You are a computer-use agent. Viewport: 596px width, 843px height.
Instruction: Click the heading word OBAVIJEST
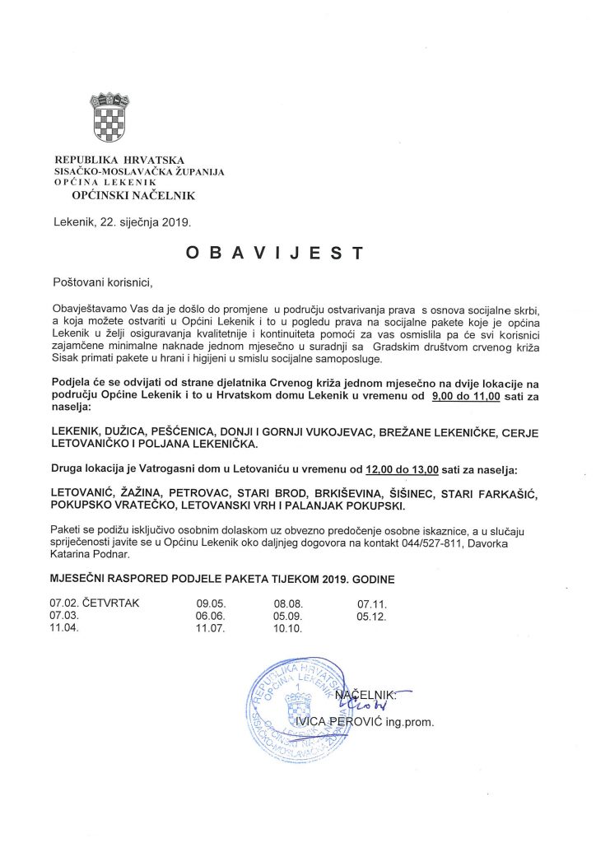pyautogui.click(x=275, y=254)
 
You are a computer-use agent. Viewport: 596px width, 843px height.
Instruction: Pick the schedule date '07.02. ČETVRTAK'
pyautogui.click(x=95, y=603)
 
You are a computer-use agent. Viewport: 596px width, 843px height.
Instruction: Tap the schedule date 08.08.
pyautogui.click(x=288, y=603)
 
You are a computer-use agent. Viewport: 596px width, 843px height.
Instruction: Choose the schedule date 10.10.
pyautogui.click(x=288, y=629)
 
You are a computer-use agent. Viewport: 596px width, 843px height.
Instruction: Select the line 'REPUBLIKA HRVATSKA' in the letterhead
pyautogui.click(x=119, y=159)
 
